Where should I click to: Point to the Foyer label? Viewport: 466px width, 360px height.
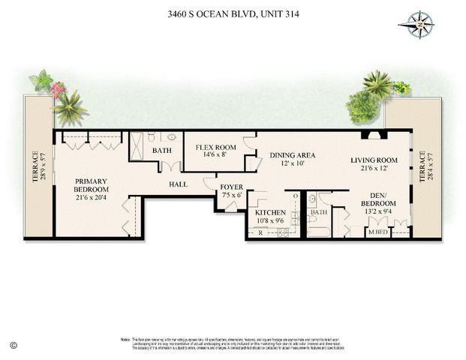pos(231,190)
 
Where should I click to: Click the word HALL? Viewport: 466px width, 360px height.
pos(179,183)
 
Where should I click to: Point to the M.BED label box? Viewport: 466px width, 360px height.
pos(377,233)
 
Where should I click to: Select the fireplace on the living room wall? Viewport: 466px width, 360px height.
pos(372,136)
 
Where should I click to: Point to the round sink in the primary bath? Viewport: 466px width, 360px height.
pos(171,138)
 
